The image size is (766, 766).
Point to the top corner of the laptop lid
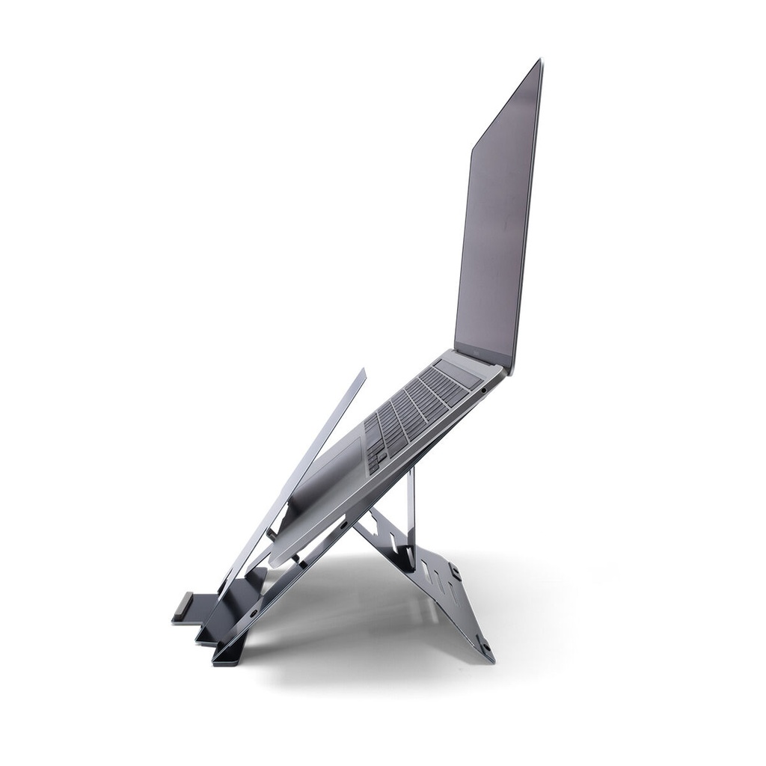click(539, 62)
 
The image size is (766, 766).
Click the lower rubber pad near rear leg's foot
click(484, 645)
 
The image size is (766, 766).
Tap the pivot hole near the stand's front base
click(253, 613)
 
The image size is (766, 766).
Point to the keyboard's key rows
click(411, 408)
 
